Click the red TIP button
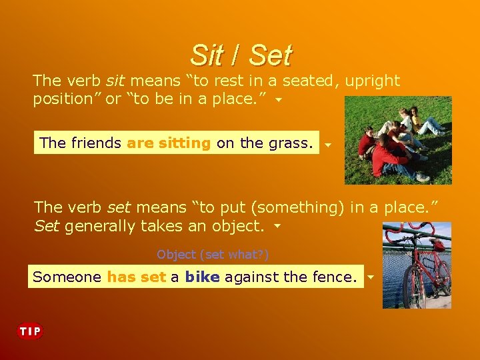[29, 331]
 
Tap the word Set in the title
[270, 55]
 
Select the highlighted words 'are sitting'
[169, 143]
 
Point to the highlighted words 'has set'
[136, 277]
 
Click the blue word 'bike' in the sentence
[202, 277]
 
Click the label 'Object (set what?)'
[213, 255]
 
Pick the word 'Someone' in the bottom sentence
[67, 277]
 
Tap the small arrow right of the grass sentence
[327, 144]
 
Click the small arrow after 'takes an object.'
[277, 227]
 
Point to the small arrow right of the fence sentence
[371, 277]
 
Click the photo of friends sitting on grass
[398, 140]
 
